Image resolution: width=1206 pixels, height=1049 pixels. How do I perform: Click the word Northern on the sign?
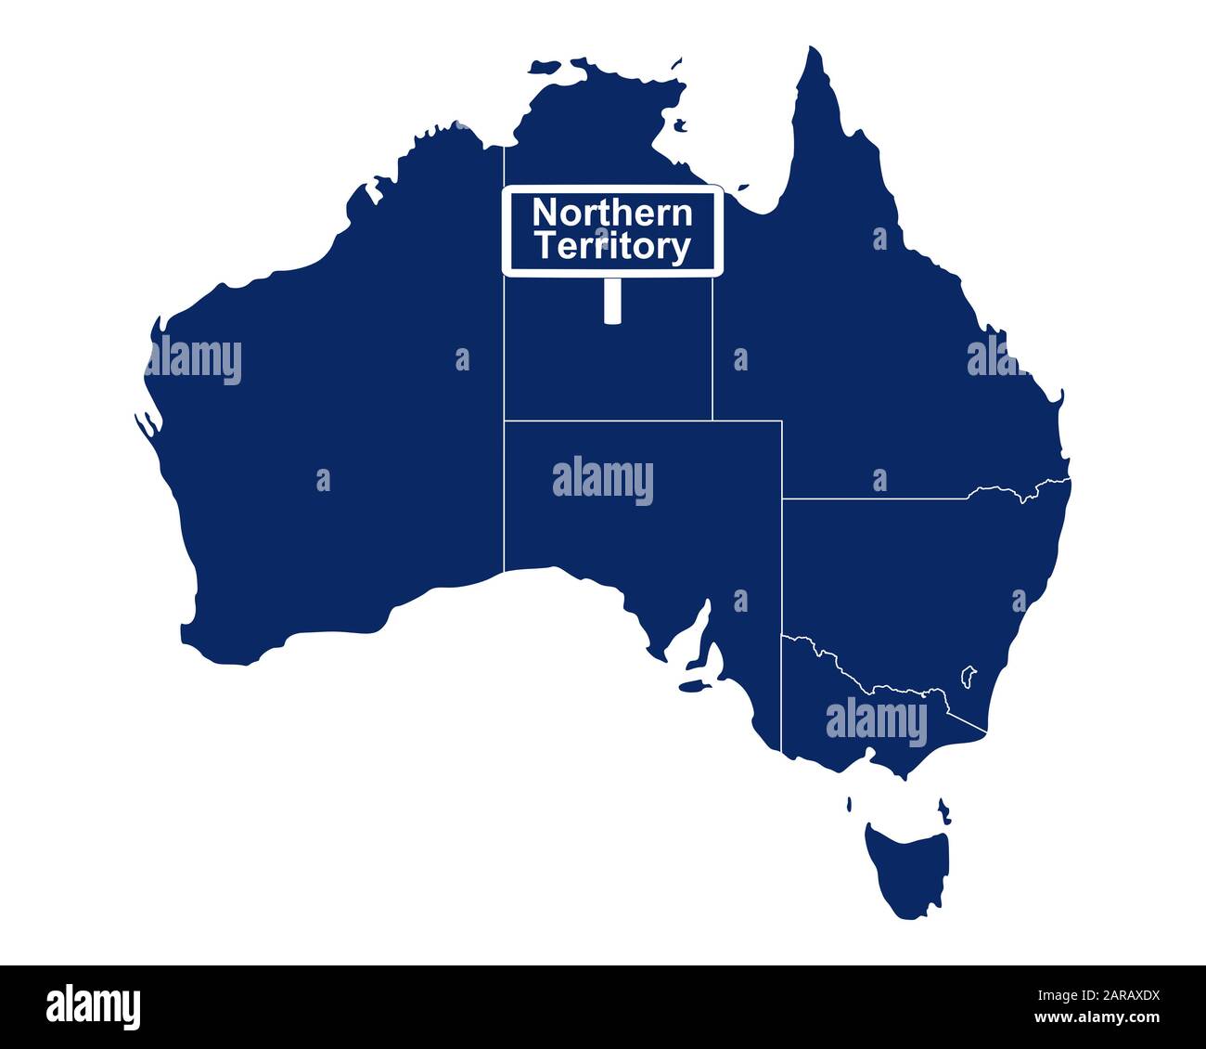(x=612, y=213)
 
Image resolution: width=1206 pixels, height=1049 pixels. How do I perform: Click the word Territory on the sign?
(x=612, y=247)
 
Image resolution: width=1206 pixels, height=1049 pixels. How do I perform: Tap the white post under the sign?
(x=611, y=300)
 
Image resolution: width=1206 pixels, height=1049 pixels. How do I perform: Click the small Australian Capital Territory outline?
(x=969, y=675)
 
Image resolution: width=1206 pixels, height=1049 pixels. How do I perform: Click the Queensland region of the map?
(x=881, y=353)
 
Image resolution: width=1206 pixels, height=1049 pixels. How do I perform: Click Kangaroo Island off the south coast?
(x=690, y=688)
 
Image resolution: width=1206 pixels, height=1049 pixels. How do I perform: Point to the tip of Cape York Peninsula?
(x=815, y=51)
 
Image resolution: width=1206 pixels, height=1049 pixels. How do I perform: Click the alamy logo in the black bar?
(x=93, y=1006)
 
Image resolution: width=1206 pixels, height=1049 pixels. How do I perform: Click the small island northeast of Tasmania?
(x=943, y=809)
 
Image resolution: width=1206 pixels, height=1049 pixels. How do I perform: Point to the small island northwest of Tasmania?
(x=850, y=804)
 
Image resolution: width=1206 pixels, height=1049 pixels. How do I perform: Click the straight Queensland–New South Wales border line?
(x=872, y=499)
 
